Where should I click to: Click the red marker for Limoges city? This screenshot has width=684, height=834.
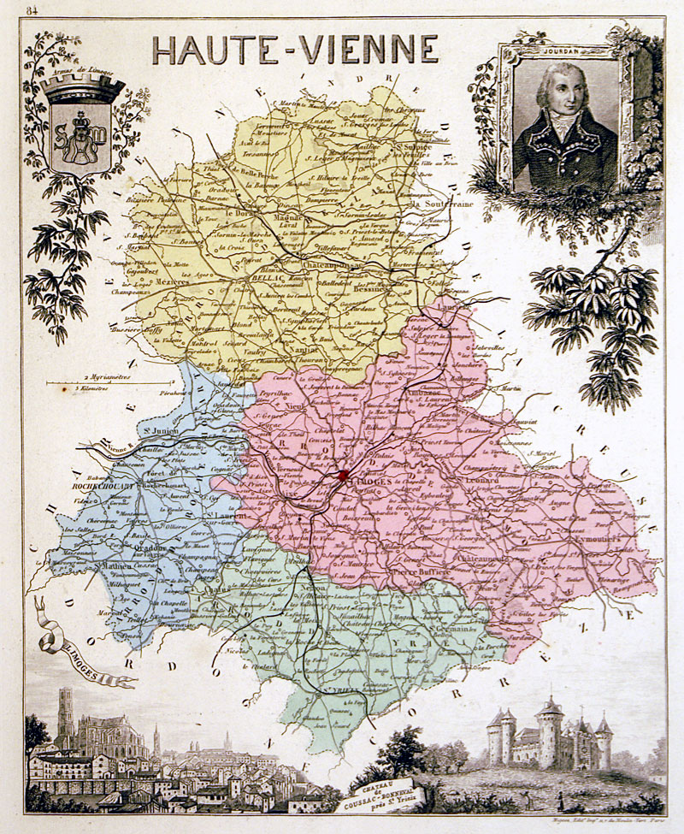(x=343, y=475)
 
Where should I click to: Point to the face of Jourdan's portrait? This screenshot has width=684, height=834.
(x=560, y=94)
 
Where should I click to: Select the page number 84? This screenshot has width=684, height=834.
(x=32, y=11)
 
